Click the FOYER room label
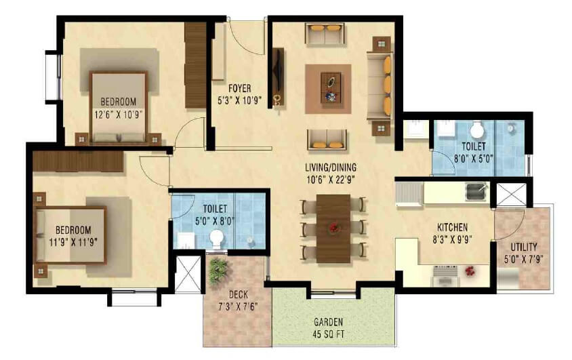240,88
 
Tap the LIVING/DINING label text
331,167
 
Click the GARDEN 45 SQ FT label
329,322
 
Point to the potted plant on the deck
218,271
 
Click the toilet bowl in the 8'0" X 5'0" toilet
478,129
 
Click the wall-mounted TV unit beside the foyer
277,77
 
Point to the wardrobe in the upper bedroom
195,65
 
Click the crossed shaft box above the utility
511,194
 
